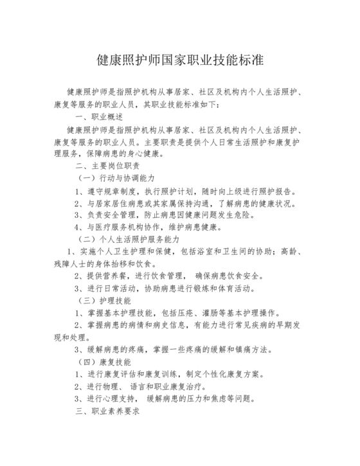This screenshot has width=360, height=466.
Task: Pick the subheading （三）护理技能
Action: pos(103,300)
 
